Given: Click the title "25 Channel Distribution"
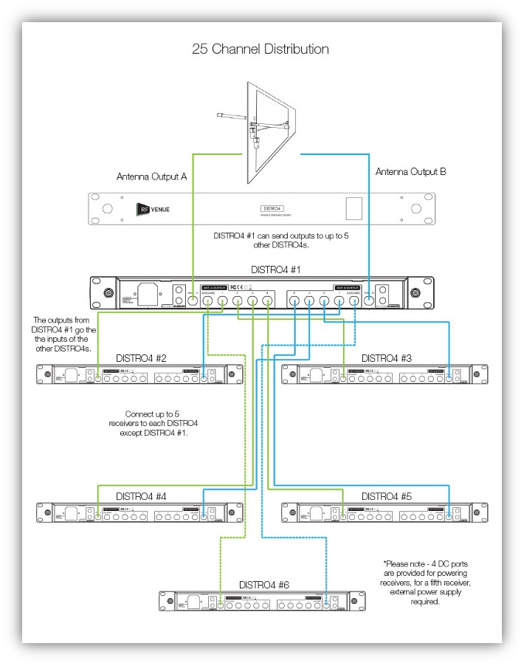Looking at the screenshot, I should (261, 49).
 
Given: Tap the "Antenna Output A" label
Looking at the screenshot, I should (151, 177).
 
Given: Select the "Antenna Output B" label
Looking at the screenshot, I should (410, 171).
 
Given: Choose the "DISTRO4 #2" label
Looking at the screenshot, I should (141, 358).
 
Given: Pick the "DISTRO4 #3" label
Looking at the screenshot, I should (386, 358).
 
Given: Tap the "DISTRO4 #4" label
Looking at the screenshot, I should (141, 496).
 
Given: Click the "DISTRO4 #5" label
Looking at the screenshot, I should (386, 496).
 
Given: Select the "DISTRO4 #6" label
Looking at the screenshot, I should (263, 585).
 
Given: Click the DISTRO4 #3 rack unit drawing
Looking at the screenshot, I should (385, 374).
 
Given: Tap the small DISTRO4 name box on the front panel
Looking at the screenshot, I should (274, 210).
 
